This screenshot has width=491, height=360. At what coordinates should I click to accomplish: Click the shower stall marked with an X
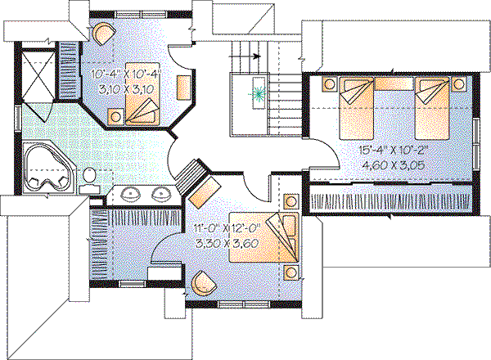coord(37,74)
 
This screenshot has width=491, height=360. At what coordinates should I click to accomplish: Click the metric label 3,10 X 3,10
coord(124,92)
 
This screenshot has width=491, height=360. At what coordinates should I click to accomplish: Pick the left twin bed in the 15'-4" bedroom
coord(358,106)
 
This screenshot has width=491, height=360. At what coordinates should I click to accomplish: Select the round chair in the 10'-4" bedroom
coord(103,34)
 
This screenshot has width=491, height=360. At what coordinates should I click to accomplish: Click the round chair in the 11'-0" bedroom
coord(202,283)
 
